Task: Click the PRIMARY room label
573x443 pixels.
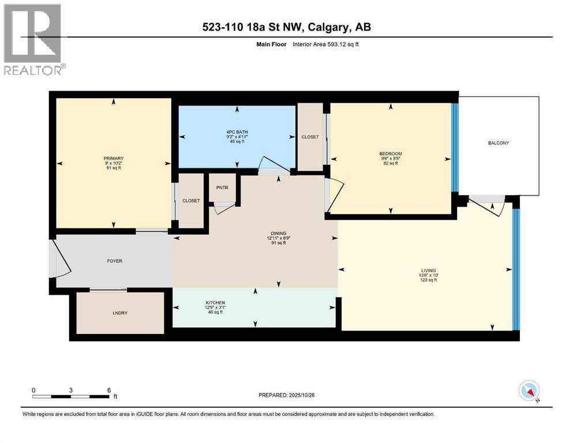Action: (114, 158)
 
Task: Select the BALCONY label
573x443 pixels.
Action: (497, 143)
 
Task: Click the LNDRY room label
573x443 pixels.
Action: (120, 313)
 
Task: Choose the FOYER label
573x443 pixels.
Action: (114, 261)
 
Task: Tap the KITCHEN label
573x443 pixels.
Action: (215, 303)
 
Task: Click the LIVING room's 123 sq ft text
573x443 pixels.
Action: (428, 280)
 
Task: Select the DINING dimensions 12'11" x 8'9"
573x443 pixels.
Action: (276, 238)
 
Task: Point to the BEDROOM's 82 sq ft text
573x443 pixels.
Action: (391, 163)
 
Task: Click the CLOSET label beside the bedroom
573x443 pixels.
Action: (310, 137)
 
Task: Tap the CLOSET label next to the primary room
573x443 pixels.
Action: (191, 201)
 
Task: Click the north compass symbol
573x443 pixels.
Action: (529, 391)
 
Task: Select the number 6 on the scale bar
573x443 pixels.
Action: (109, 390)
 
